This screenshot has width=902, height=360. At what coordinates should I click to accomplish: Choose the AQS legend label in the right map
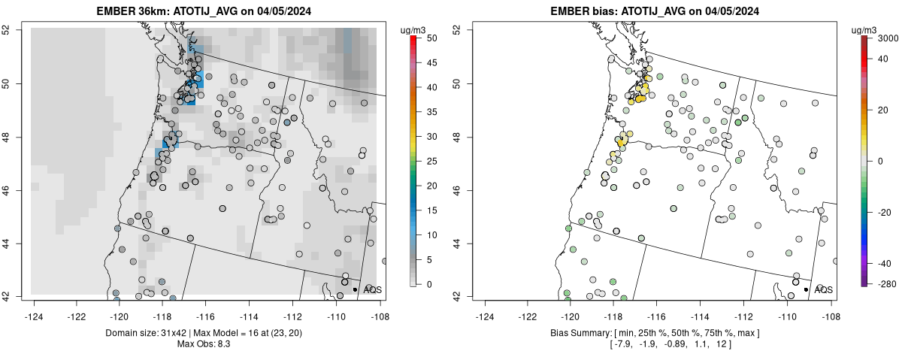(x=824, y=289)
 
